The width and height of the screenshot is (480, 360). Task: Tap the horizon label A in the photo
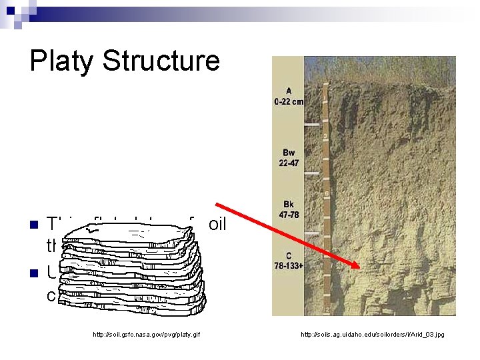[288, 91]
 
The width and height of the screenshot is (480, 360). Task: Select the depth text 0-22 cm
[289, 101]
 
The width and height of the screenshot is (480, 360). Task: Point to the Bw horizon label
[289, 152]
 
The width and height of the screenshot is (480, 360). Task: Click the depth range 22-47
[289, 162]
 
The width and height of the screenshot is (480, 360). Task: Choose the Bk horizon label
[289, 205]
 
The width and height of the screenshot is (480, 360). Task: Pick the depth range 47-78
[289, 215]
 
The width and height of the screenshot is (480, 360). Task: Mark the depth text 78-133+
[289, 266]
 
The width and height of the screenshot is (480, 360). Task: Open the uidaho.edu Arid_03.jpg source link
[372, 333]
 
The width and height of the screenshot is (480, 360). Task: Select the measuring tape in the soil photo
[325, 193]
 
